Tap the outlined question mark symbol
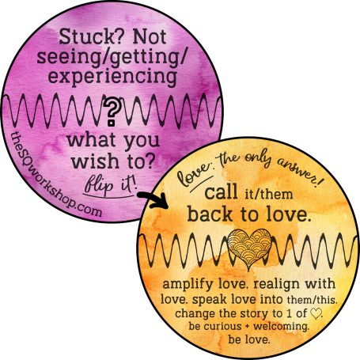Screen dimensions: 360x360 point(112,112)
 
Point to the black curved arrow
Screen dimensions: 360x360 point(153,200)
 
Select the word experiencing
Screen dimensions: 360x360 point(112,77)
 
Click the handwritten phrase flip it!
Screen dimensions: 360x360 point(110,185)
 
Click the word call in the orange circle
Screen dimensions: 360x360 point(221,192)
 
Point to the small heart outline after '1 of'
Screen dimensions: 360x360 point(316,313)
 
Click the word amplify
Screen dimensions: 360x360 point(188,285)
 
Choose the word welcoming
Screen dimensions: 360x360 point(281,327)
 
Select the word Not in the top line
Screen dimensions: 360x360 point(150,37)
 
